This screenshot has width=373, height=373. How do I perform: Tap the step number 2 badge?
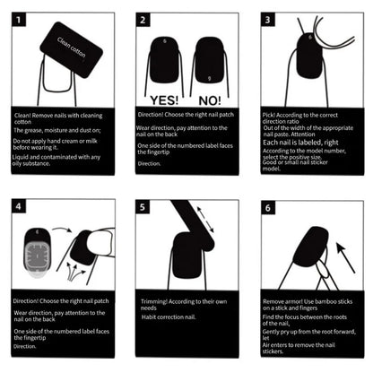(144, 19)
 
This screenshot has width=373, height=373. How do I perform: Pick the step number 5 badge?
(144, 207)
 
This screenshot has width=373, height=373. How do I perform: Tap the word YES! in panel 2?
(164, 100)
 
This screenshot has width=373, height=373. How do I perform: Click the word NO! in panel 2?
(209, 100)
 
